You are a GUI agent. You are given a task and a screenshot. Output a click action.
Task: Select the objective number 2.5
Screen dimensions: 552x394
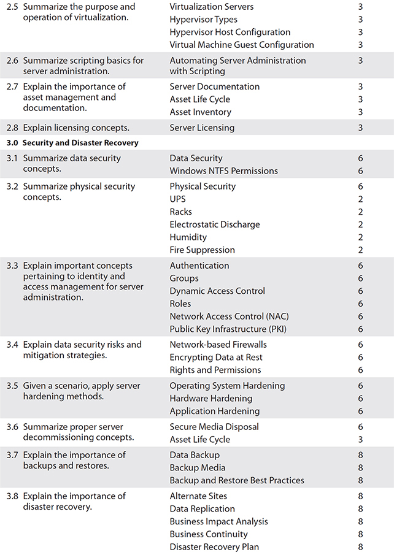[12, 7]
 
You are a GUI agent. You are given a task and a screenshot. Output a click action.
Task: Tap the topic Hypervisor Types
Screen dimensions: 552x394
[203, 20]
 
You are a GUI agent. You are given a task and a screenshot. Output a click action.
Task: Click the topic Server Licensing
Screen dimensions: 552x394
[202, 128]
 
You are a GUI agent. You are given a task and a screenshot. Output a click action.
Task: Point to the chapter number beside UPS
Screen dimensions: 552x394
[360, 199]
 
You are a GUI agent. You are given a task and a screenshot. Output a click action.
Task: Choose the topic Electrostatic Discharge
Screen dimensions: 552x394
[215, 224]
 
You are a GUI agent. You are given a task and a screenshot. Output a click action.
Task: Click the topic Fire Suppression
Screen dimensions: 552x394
[202, 250]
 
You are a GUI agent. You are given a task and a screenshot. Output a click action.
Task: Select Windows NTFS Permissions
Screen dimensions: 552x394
[223, 171]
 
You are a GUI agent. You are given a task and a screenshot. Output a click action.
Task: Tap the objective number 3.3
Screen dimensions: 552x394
[12, 266]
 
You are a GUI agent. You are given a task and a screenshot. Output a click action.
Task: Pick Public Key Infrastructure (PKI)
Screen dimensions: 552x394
[228, 329]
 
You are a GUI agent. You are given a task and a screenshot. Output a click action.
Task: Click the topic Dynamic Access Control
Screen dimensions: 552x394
[217, 291]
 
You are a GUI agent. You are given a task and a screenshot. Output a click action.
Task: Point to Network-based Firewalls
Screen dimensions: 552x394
[218, 345]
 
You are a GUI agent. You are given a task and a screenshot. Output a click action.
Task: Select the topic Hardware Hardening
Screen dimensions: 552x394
[211, 399]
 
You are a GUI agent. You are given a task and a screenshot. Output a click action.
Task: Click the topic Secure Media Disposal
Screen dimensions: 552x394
[214, 427]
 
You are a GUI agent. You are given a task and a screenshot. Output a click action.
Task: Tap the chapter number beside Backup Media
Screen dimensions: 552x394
[360, 468]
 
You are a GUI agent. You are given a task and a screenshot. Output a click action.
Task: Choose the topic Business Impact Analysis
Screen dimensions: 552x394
[218, 521]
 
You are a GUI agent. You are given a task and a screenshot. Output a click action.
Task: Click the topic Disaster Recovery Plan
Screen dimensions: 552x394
[214, 547]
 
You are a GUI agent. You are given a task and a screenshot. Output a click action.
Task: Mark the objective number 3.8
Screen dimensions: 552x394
[12, 496]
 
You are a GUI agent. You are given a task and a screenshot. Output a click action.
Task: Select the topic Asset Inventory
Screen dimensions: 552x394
[200, 112]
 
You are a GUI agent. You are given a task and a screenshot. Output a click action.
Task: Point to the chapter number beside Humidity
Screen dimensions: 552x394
[360, 237]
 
